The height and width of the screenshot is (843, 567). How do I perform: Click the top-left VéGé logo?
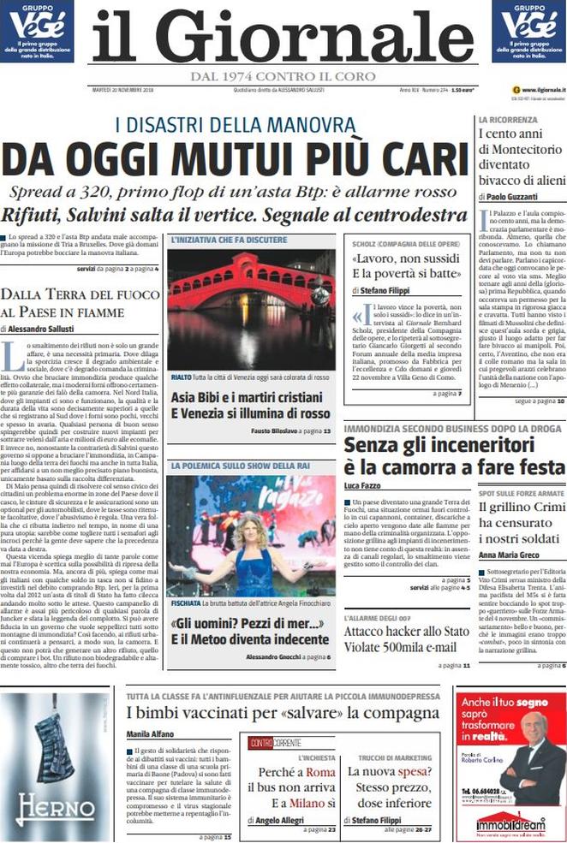[36, 31]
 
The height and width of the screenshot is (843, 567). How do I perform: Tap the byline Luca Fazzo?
[362, 485]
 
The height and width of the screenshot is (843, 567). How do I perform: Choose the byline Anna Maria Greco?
[510, 555]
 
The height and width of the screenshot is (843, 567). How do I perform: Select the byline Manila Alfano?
[150, 733]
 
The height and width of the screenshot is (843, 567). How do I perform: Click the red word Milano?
[306, 802]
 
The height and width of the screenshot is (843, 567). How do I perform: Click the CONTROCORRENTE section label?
[275, 743]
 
